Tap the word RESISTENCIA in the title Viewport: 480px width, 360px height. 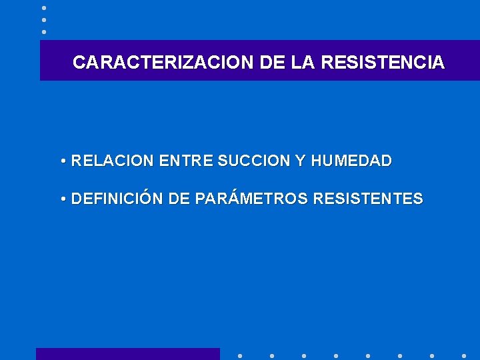pos(383,63)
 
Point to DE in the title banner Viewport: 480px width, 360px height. pos(272,63)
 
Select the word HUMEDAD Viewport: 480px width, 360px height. pos(351,161)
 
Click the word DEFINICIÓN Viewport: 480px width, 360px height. pos(117,199)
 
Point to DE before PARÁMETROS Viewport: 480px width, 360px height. pos(179,199)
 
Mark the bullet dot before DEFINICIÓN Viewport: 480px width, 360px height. pos(61,199)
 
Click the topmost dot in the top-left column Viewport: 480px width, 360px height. pos(44,7)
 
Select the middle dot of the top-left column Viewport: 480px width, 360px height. pos(44,19)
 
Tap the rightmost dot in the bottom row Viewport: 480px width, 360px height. pos(464,355)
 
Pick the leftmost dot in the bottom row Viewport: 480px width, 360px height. pos(239,355)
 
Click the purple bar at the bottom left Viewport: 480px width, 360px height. pos(127,354)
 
